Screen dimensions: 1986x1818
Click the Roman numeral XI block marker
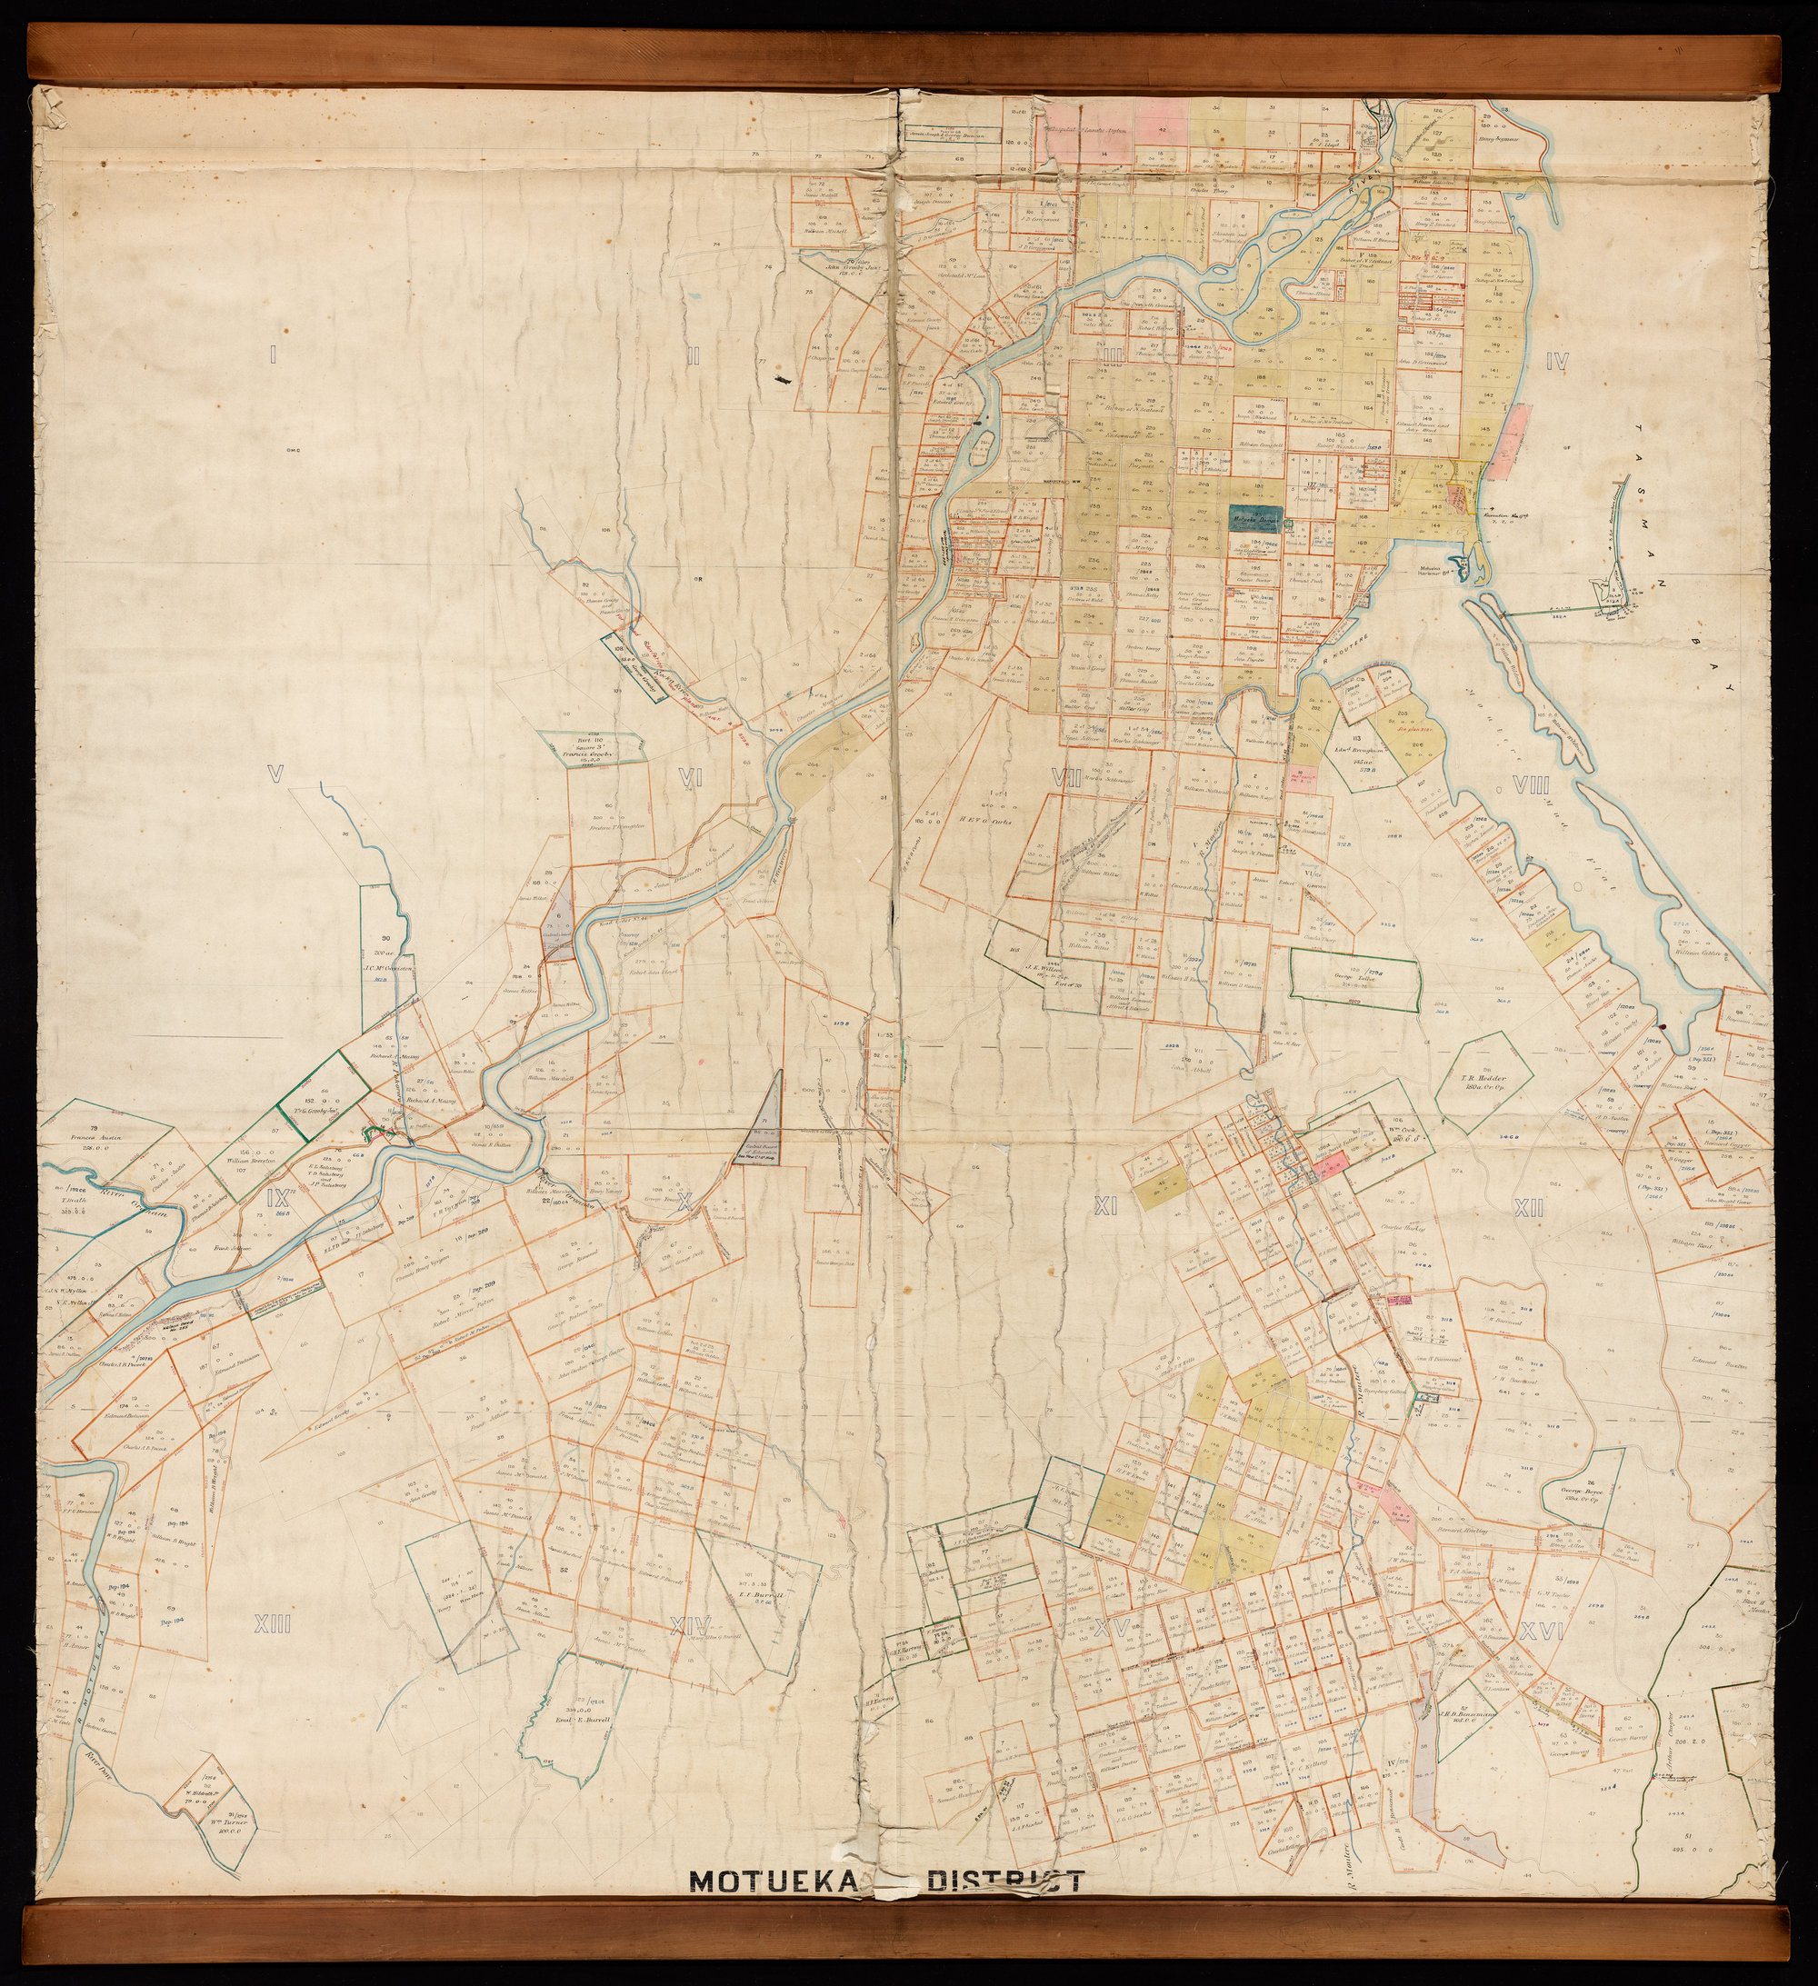(x=1104, y=1207)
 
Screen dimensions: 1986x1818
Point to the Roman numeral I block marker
(x=272, y=354)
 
